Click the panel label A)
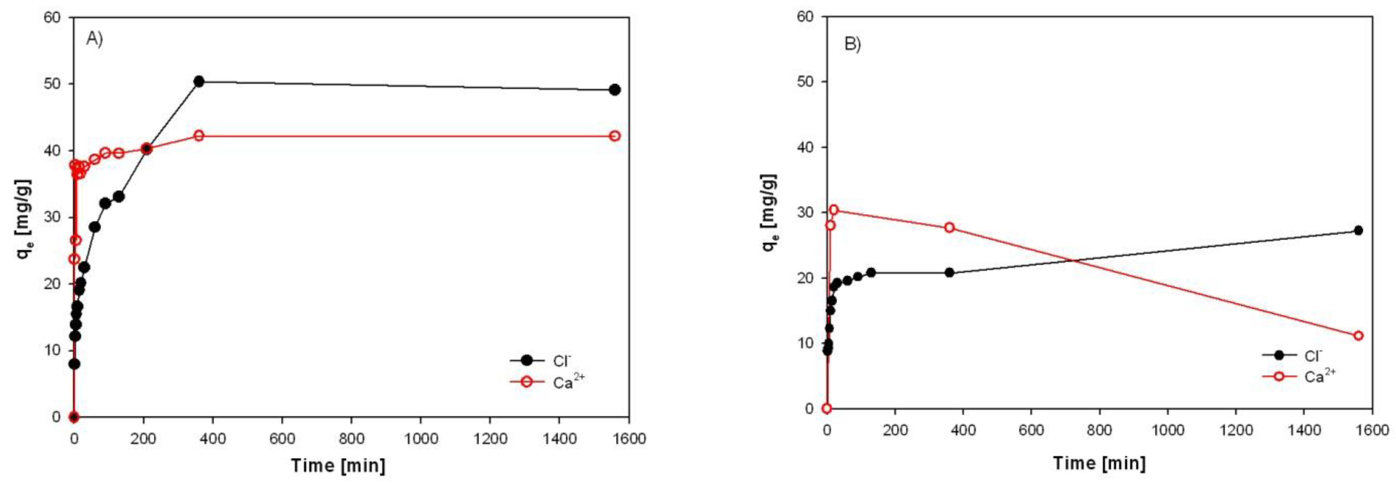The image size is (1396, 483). click(x=94, y=40)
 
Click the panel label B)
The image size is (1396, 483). click(x=853, y=44)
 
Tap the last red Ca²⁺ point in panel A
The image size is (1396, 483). click(x=615, y=136)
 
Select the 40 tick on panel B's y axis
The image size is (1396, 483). click(x=807, y=147)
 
